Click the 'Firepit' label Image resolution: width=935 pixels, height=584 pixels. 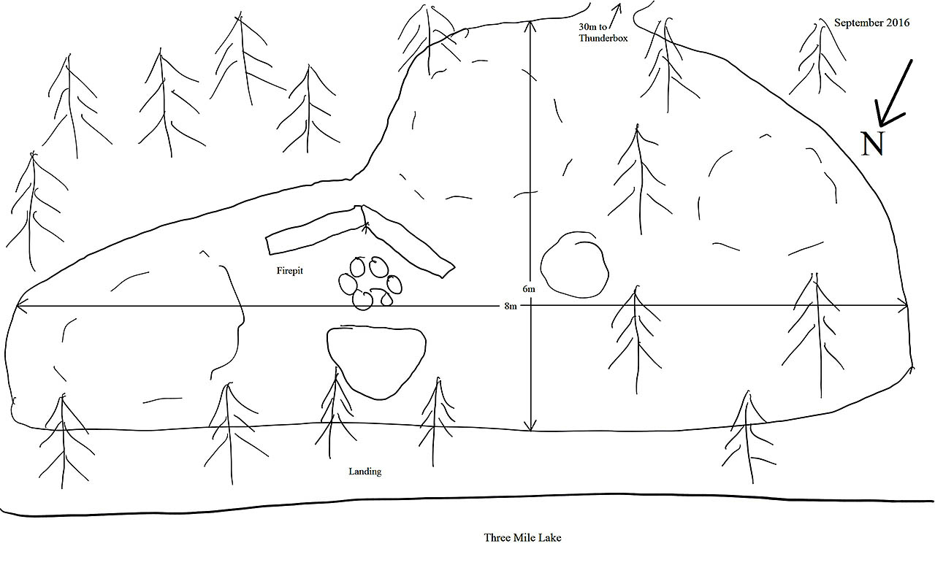point(290,271)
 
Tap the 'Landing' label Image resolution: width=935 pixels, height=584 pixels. point(365,472)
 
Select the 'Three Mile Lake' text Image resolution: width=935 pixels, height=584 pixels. point(522,537)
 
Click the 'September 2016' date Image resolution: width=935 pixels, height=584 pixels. point(871,23)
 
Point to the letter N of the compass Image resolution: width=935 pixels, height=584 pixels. point(872,144)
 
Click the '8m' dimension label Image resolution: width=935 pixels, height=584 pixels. point(510,306)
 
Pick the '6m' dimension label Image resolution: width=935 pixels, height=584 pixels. point(528,288)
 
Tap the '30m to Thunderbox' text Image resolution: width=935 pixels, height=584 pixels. point(603,33)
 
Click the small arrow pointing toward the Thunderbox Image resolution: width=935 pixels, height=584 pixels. point(614,15)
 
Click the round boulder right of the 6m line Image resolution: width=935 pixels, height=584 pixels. point(574,265)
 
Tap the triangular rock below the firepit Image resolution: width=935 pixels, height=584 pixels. point(376,362)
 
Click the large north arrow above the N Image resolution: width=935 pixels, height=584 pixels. point(893,94)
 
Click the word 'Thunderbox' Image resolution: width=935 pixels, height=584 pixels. point(603,38)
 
